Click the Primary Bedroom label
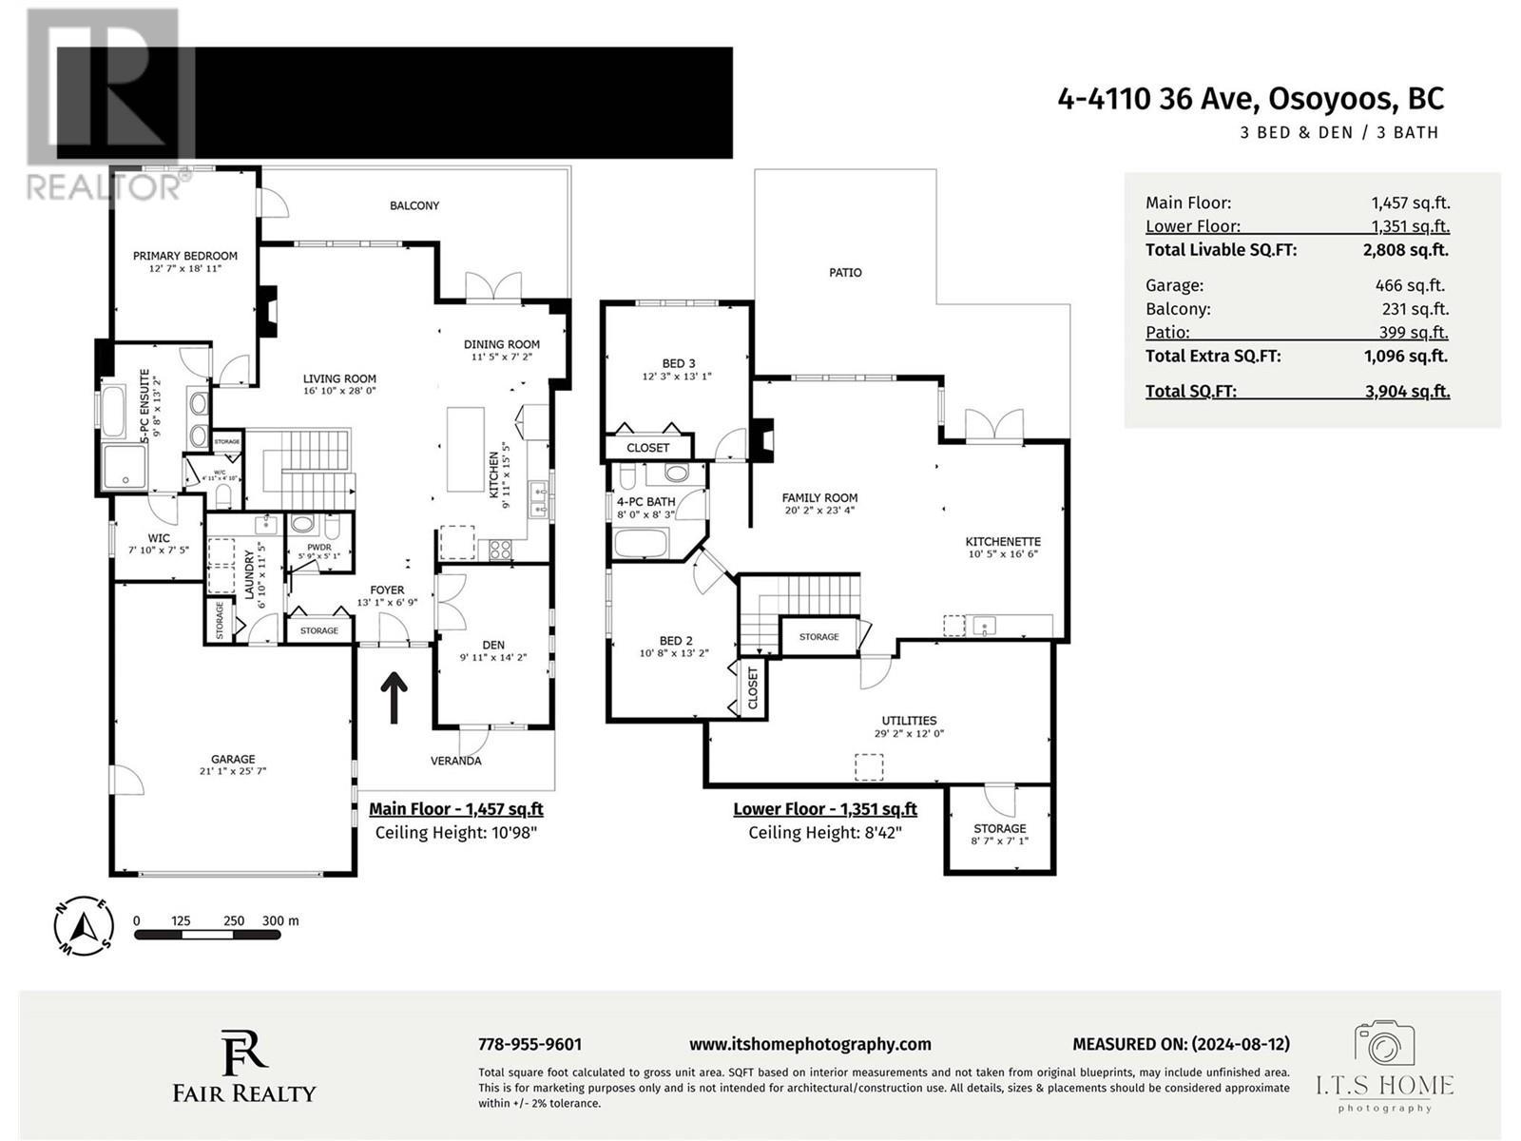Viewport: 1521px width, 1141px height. tap(184, 256)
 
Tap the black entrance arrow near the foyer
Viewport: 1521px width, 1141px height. tap(394, 696)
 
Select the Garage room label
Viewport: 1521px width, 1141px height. tap(233, 759)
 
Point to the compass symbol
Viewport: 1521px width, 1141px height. tap(85, 926)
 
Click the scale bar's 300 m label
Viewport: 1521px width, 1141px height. tap(280, 920)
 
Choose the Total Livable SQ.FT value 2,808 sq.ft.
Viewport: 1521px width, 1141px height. tap(1405, 250)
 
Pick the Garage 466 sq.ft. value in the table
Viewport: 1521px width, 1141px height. tap(1409, 285)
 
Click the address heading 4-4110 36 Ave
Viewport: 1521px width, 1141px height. tap(1250, 99)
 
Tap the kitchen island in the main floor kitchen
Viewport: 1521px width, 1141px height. tap(466, 448)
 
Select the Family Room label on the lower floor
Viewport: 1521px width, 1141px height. tap(819, 497)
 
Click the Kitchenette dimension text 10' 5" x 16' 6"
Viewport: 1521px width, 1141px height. tap(1003, 553)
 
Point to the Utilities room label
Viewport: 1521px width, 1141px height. tap(909, 721)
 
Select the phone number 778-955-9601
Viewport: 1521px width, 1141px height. tap(529, 1044)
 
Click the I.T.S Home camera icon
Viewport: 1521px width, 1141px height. tap(1385, 1045)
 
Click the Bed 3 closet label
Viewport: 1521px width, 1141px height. tap(648, 448)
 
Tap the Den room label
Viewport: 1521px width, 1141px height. tap(492, 645)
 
